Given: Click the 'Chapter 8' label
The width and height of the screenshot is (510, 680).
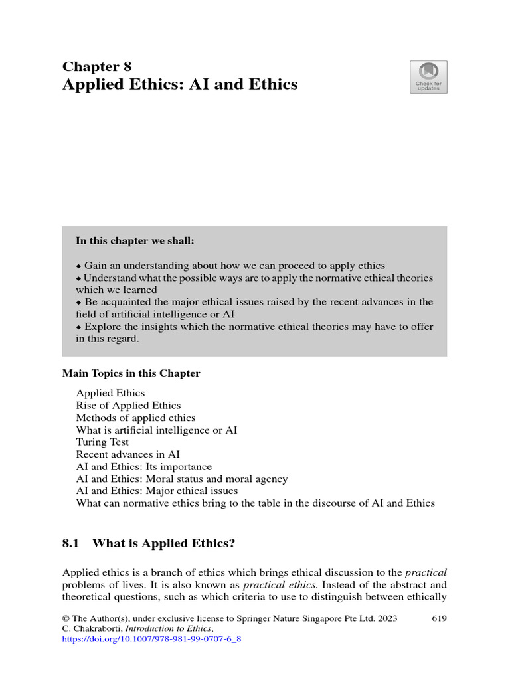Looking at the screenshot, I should [97, 66].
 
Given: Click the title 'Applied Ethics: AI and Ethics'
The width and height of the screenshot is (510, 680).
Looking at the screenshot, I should [180, 85].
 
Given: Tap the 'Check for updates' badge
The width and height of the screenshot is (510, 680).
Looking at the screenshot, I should [428, 77].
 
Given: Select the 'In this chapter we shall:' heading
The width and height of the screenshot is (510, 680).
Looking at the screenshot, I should [135, 241].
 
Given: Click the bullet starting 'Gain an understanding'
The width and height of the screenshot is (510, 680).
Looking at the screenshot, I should [230, 265].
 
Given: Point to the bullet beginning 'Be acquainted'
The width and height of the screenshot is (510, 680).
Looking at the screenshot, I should [254, 302].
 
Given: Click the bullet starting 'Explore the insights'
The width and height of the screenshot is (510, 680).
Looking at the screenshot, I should [254, 327].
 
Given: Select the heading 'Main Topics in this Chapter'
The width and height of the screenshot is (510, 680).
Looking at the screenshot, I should [131, 373].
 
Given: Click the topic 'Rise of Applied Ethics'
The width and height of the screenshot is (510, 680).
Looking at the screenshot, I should [128, 405].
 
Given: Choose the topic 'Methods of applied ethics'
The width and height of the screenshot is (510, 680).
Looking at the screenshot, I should [135, 418].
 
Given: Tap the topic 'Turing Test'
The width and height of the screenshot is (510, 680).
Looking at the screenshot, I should [102, 442].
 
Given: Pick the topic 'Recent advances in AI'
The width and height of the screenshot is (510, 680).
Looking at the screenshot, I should [127, 454].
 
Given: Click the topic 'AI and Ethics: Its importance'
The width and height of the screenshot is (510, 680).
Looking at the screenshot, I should [144, 467].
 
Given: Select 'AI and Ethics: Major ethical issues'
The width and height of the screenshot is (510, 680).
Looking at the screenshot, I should [157, 491].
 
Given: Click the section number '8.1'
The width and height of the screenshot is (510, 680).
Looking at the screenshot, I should [71, 543].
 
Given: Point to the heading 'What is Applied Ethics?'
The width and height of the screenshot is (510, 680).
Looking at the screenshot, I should [164, 543].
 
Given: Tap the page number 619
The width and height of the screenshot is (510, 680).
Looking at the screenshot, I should [439, 618].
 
